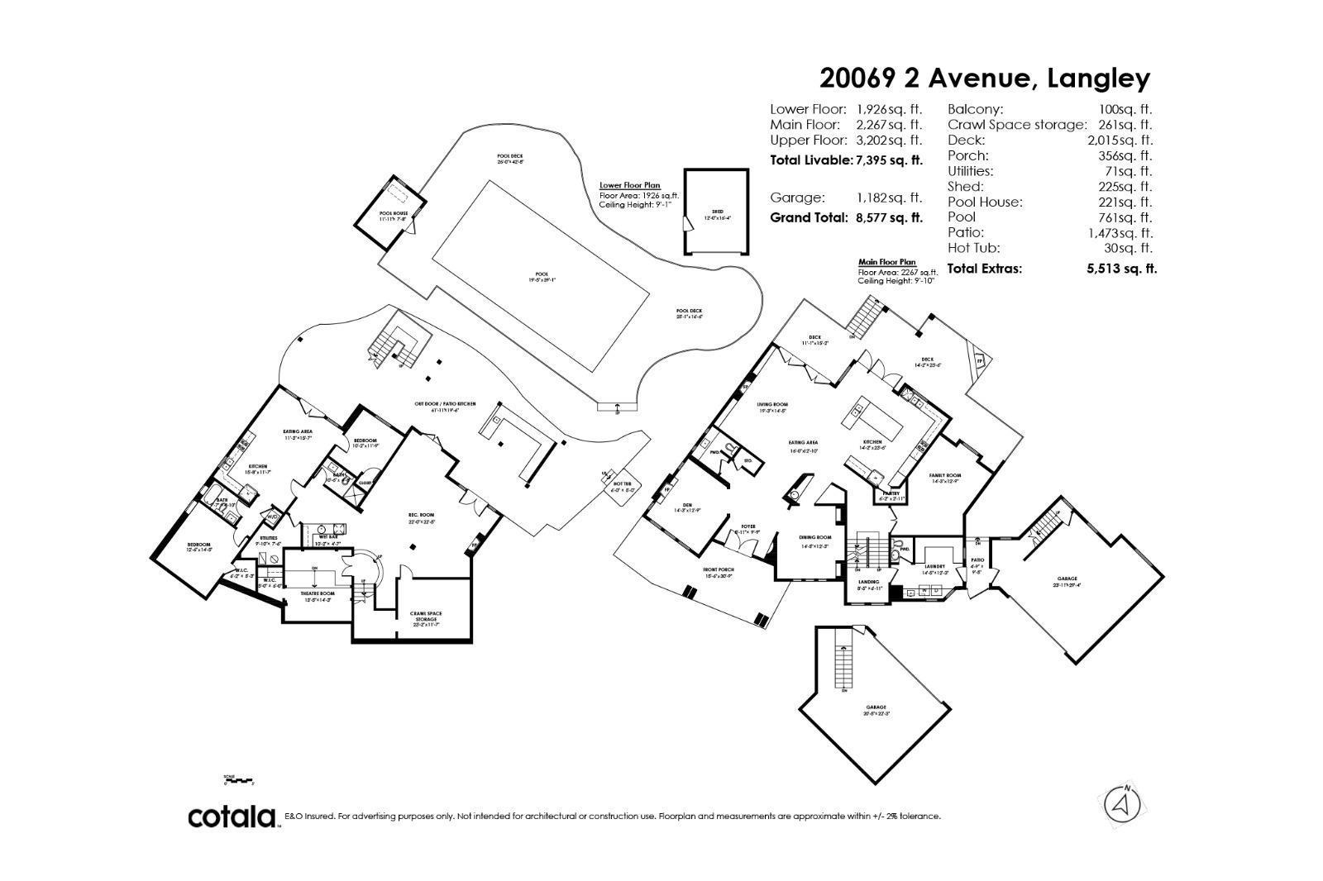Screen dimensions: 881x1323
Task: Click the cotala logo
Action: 232,817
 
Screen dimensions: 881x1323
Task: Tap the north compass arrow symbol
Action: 1122,802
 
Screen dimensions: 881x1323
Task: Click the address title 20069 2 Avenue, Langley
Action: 984,79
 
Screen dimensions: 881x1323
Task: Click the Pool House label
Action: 389,213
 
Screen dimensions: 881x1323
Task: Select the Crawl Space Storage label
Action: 426,616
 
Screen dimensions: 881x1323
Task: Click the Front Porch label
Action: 719,570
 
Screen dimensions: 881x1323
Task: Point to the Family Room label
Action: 945,476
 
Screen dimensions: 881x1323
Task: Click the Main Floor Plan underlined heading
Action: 887,262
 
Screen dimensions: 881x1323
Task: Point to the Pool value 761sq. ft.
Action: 1133,217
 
